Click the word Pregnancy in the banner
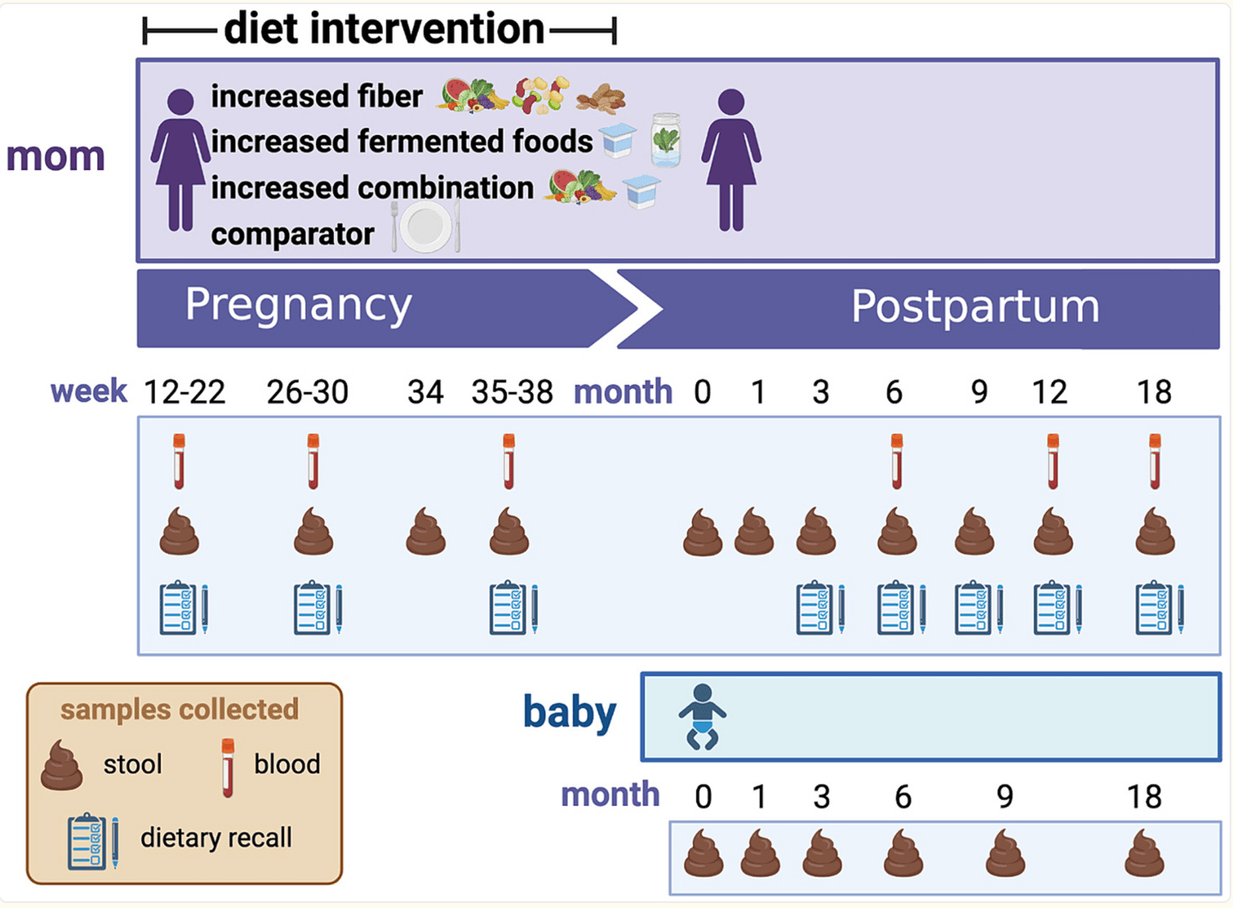pyautogui.click(x=298, y=305)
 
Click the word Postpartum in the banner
pyautogui.click(x=975, y=307)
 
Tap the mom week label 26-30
pyautogui.click(x=307, y=392)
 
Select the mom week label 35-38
pyautogui.click(x=512, y=392)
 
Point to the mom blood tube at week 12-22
pyautogui.click(x=179, y=461)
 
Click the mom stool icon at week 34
pyautogui.click(x=426, y=532)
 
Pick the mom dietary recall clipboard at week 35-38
pyautogui.click(x=513, y=607)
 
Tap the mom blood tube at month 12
pyautogui.click(x=1053, y=461)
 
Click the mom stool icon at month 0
pyautogui.click(x=702, y=534)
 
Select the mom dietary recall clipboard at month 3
pyautogui.click(x=819, y=607)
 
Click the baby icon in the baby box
pyautogui.click(x=702, y=716)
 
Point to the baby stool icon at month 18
pyautogui.click(x=1144, y=854)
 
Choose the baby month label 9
pyautogui.click(x=1005, y=797)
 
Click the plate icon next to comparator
pyautogui.click(x=426, y=226)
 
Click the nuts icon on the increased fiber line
pyautogui.click(x=601, y=99)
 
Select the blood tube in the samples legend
pyautogui.click(x=228, y=766)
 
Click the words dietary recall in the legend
pyautogui.click(x=216, y=838)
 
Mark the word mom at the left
pyautogui.click(x=55, y=157)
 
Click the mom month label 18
pyautogui.click(x=1153, y=392)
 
